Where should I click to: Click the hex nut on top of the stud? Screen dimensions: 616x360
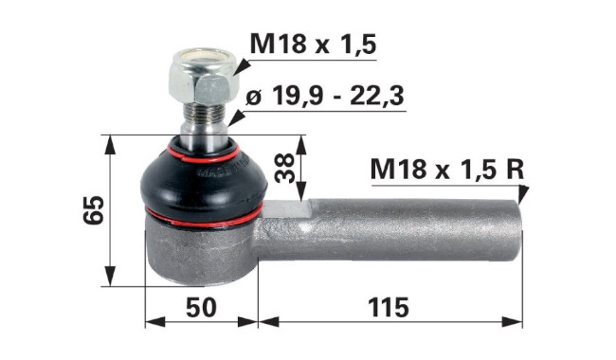204,77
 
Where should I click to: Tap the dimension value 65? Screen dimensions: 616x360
94,210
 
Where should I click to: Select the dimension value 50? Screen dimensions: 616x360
201,307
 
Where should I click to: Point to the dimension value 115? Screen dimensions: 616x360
389,307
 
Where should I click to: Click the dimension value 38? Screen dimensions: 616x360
284,168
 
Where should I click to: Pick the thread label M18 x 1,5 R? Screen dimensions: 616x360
447,170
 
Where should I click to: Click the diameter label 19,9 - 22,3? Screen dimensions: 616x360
325,96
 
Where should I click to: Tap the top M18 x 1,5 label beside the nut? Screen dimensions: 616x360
313,44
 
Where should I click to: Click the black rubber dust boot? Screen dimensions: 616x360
204,182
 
